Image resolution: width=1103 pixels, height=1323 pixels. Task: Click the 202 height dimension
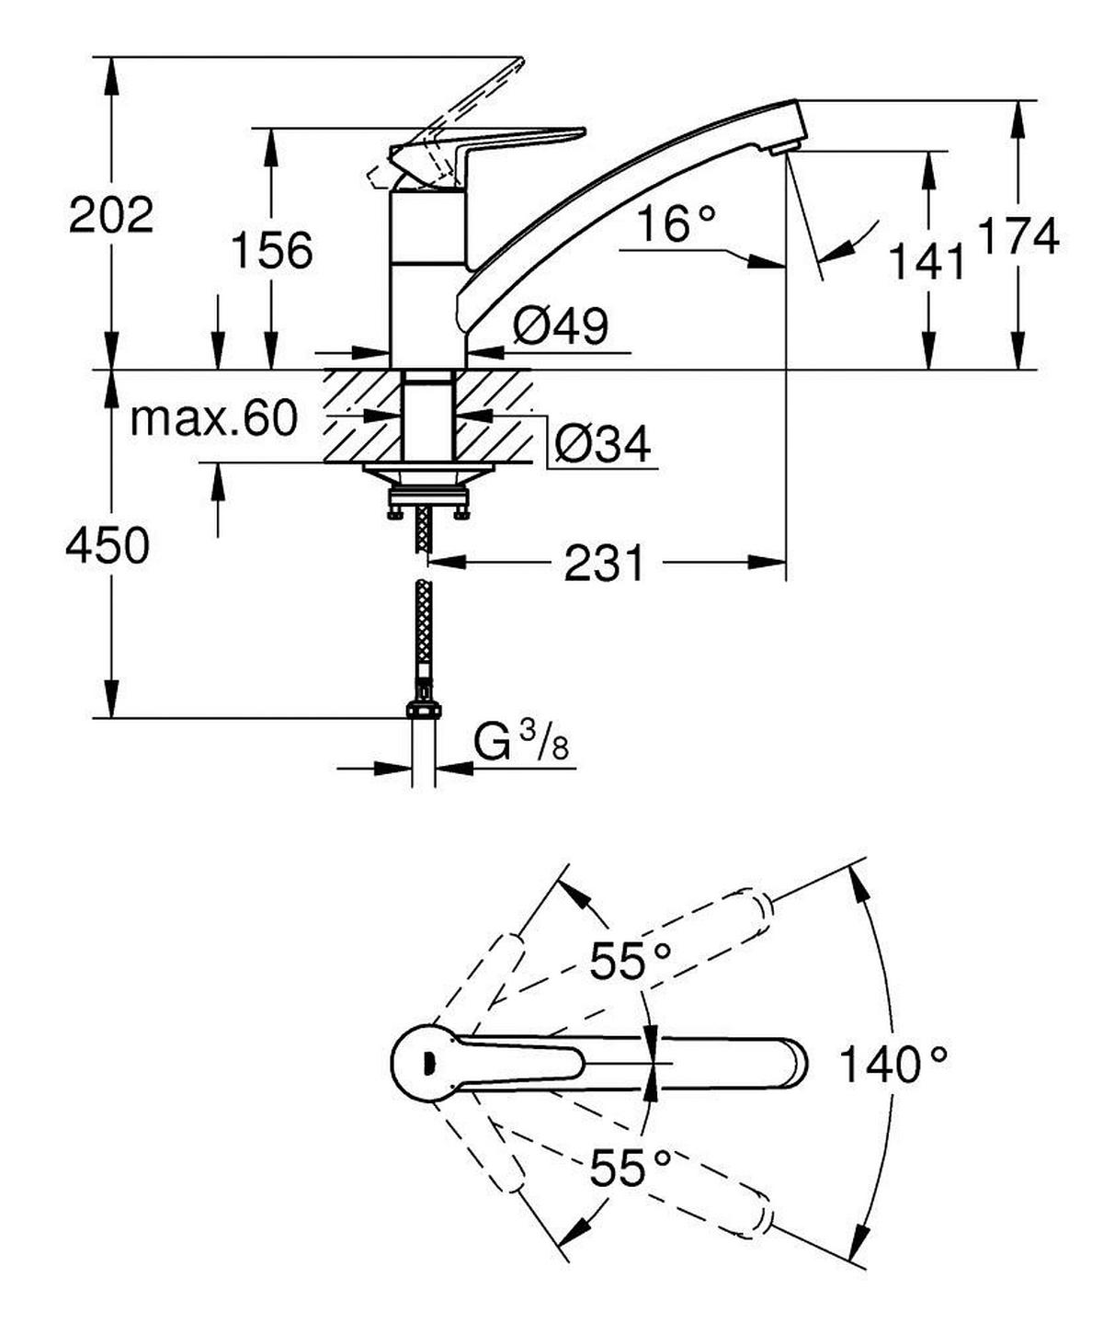[111, 215]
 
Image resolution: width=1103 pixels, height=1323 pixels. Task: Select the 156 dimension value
[271, 250]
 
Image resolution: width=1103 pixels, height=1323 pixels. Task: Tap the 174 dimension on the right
[1018, 236]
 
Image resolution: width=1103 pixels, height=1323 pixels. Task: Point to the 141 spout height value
[927, 262]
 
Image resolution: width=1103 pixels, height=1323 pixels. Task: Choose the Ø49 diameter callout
[561, 326]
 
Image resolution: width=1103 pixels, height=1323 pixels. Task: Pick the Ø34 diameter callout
[603, 444]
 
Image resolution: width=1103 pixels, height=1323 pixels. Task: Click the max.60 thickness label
[214, 419]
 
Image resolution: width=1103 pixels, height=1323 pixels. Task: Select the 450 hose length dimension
[108, 546]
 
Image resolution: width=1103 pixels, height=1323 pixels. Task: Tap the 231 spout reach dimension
[604, 563]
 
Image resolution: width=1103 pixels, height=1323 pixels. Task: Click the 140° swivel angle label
[893, 1065]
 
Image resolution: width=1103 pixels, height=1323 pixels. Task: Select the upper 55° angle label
[630, 962]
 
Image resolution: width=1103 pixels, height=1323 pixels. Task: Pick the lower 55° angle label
[630, 1168]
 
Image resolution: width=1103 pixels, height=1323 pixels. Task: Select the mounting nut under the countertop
[428, 501]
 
